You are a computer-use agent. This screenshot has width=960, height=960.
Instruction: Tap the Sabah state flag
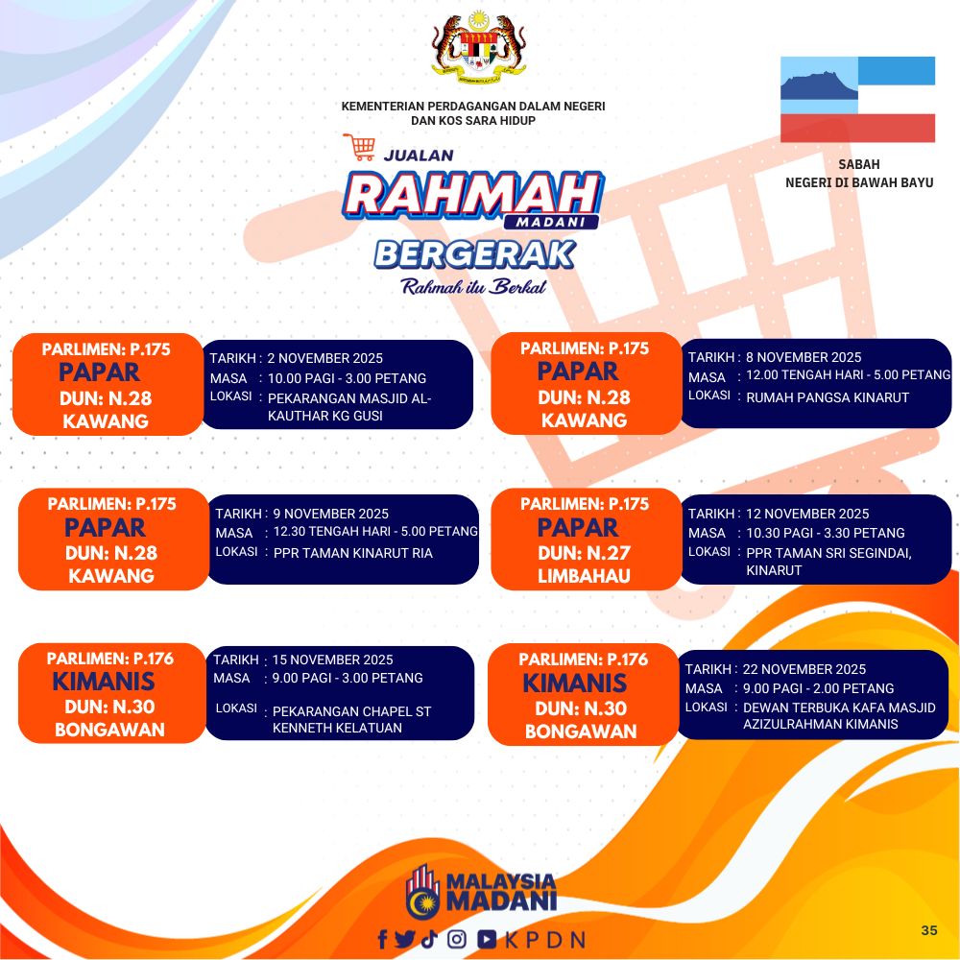(857, 99)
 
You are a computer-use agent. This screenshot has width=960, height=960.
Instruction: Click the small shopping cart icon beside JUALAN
(359, 147)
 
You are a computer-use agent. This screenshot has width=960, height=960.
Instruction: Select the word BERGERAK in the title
(475, 255)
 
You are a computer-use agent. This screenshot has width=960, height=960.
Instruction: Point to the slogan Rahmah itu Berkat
(473, 286)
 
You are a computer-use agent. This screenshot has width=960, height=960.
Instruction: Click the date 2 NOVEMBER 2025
(324, 358)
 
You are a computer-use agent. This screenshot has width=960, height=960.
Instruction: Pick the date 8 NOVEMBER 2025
(804, 357)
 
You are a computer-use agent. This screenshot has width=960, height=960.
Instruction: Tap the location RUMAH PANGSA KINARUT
(828, 397)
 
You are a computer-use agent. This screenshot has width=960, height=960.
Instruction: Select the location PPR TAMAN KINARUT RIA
(352, 553)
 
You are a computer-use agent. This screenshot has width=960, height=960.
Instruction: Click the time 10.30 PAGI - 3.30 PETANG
(826, 533)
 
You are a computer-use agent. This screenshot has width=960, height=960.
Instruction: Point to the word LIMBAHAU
(584, 575)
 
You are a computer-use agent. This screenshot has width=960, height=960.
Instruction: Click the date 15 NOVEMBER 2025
(332, 660)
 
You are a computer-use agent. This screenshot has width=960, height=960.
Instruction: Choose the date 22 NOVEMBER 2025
(804, 669)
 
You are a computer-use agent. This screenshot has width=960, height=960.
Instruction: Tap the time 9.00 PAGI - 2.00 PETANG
(818, 688)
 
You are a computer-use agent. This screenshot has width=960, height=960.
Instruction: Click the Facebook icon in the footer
(383, 939)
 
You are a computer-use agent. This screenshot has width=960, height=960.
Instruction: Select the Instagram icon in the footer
(457, 939)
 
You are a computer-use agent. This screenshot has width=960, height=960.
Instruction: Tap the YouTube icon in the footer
(487, 939)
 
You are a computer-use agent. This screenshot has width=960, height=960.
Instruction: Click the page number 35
(928, 930)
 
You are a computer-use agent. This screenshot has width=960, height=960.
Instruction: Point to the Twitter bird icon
(405, 939)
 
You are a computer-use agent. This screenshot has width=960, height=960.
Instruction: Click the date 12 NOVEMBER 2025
(807, 514)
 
